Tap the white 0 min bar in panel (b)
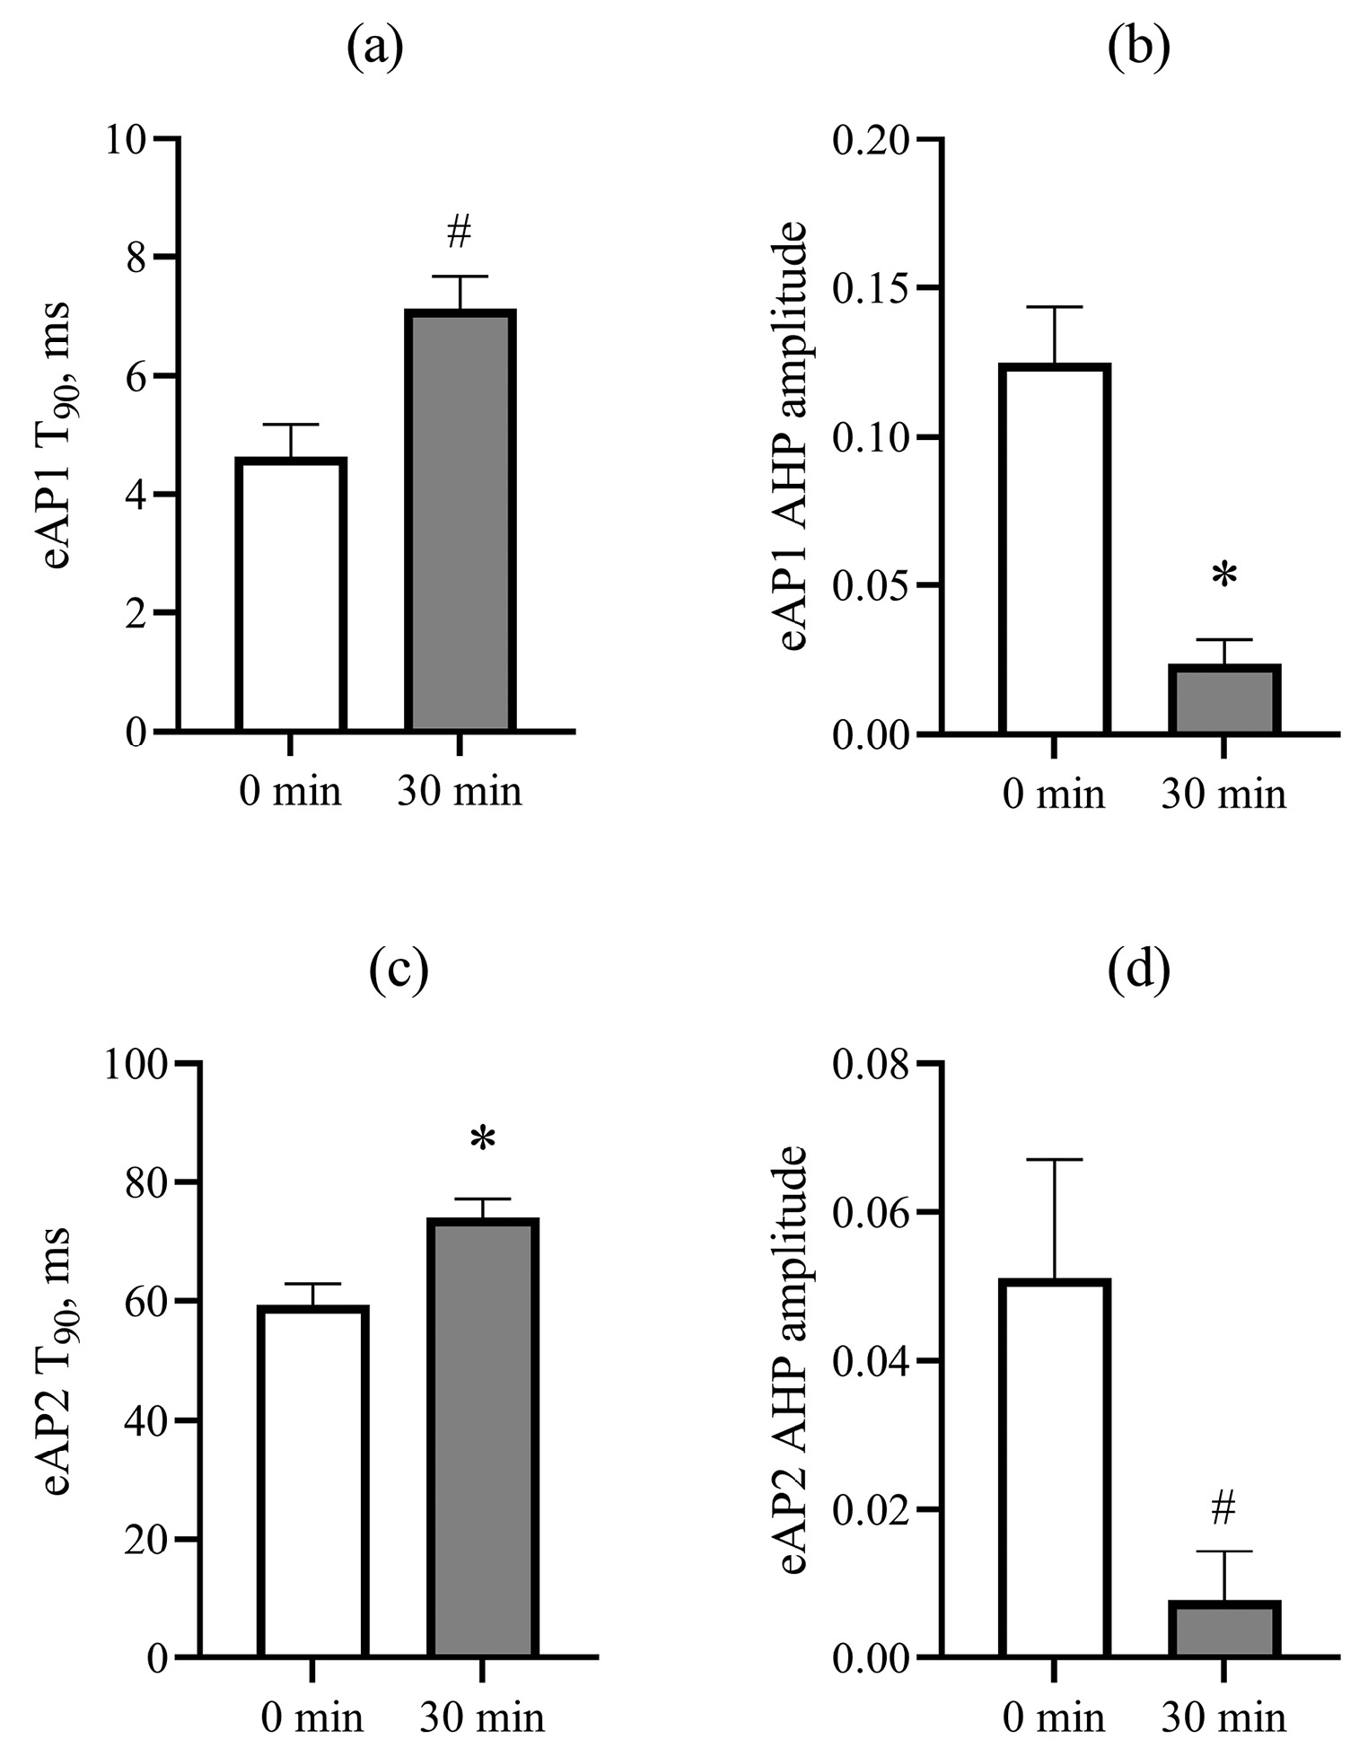(x=1056, y=549)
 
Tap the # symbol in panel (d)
(x=1223, y=1509)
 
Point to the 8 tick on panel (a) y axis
(x=136, y=258)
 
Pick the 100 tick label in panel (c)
(x=135, y=1065)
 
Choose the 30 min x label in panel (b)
(x=1223, y=795)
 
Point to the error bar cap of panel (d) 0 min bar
(x=1056, y=1160)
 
